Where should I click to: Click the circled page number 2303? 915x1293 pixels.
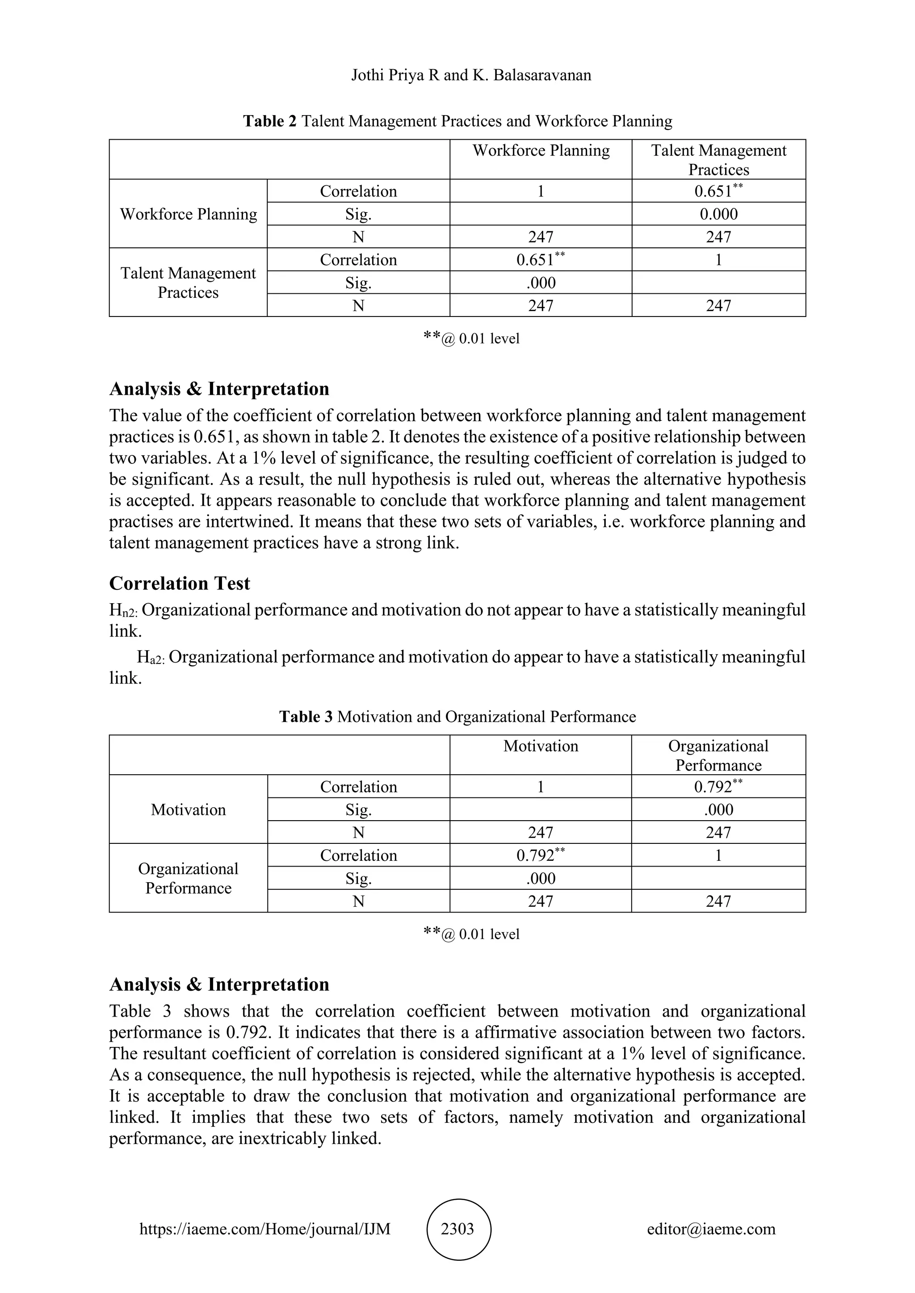pos(457,1229)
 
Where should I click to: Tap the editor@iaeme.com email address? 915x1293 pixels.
pos(711,1229)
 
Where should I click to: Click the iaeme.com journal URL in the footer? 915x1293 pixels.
pos(265,1229)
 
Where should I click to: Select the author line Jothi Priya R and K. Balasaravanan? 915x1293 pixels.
pos(471,75)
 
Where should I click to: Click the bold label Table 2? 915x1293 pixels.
pos(269,121)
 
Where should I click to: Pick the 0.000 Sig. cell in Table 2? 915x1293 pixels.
pos(718,214)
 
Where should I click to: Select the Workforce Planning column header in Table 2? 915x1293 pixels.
pos(541,150)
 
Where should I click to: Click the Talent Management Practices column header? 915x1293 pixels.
pos(718,160)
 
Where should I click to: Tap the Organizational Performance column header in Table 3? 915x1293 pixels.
pos(718,755)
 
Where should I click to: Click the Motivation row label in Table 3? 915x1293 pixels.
pos(188,809)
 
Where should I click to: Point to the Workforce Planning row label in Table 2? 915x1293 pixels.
pos(188,214)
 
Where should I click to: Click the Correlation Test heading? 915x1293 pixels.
pos(180,583)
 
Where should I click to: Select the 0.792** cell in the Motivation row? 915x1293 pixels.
pos(718,786)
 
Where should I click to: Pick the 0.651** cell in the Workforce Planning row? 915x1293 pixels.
pos(718,191)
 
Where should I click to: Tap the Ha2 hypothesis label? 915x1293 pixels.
pos(151,658)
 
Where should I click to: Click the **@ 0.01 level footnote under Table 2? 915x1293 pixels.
pos(471,338)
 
